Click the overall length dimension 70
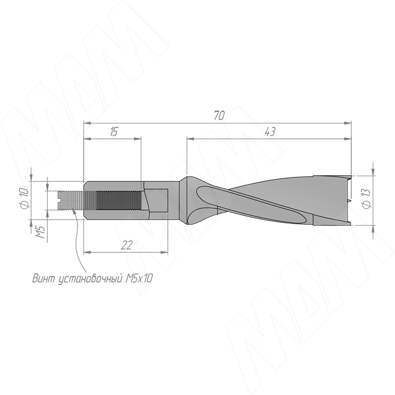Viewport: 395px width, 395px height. (x=219, y=116)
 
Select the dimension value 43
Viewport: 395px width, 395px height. (x=270, y=131)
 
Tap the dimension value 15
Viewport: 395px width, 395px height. (x=114, y=131)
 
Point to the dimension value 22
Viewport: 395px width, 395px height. (x=126, y=245)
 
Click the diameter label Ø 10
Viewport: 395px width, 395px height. (x=26, y=199)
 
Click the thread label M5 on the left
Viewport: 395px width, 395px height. (x=40, y=232)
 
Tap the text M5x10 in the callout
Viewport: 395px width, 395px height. (x=139, y=278)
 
